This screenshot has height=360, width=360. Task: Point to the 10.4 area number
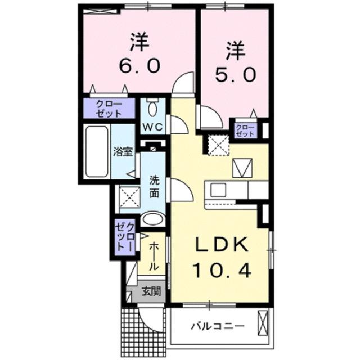[x=221, y=271]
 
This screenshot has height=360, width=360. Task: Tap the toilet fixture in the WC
[x=152, y=107]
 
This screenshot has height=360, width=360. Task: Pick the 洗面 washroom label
[x=154, y=187]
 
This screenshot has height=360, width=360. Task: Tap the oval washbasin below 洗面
[x=152, y=218]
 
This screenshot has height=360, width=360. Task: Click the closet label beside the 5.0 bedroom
[x=245, y=130]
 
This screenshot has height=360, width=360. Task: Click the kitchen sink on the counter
[x=218, y=189]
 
